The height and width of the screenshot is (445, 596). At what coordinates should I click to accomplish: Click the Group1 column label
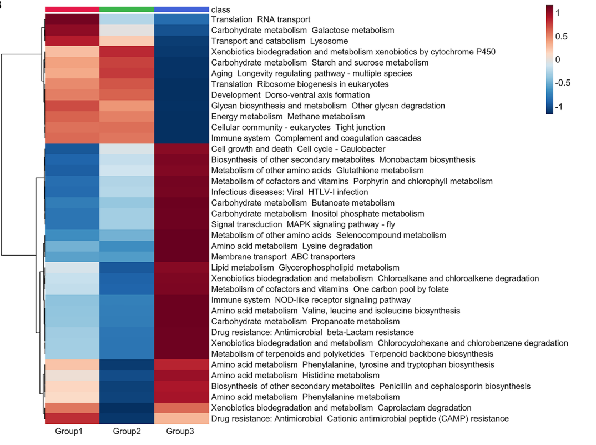click(x=69, y=431)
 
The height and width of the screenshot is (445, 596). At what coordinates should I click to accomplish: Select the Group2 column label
click(x=127, y=431)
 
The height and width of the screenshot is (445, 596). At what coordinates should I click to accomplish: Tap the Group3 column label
click(x=180, y=431)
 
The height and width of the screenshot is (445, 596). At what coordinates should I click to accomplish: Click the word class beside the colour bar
click(x=220, y=9)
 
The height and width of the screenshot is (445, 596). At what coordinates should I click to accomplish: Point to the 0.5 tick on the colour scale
click(x=561, y=37)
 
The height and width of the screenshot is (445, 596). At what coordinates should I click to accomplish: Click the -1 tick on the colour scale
click(x=559, y=107)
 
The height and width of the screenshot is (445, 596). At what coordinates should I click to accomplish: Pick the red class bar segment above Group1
click(x=72, y=9)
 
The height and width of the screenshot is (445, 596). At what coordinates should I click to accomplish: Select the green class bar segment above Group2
click(x=127, y=9)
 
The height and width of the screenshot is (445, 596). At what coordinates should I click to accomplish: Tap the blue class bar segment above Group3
click(x=181, y=9)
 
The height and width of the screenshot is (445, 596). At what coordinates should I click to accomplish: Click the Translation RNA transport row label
click(x=261, y=19)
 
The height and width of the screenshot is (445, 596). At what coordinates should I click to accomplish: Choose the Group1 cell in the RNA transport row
click(x=72, y=19)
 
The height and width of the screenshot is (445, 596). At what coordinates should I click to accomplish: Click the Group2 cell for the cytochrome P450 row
click(x=127, y=52)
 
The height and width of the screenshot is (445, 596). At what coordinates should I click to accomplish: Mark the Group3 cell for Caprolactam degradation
click(x=181, y=408)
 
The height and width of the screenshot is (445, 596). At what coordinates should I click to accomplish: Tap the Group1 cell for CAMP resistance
click(x=72, y=418)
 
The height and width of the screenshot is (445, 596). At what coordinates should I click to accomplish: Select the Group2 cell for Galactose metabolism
click(x=127, y=30)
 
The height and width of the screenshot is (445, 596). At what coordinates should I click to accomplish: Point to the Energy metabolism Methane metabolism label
click(x=288, y=117)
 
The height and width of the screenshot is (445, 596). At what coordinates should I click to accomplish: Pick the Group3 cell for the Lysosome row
click(x=181, y=41)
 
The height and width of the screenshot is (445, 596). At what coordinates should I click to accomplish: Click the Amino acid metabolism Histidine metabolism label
click(x=295, y=376)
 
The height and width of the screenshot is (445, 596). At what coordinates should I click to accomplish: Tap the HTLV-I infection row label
click(x=290, y=192)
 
